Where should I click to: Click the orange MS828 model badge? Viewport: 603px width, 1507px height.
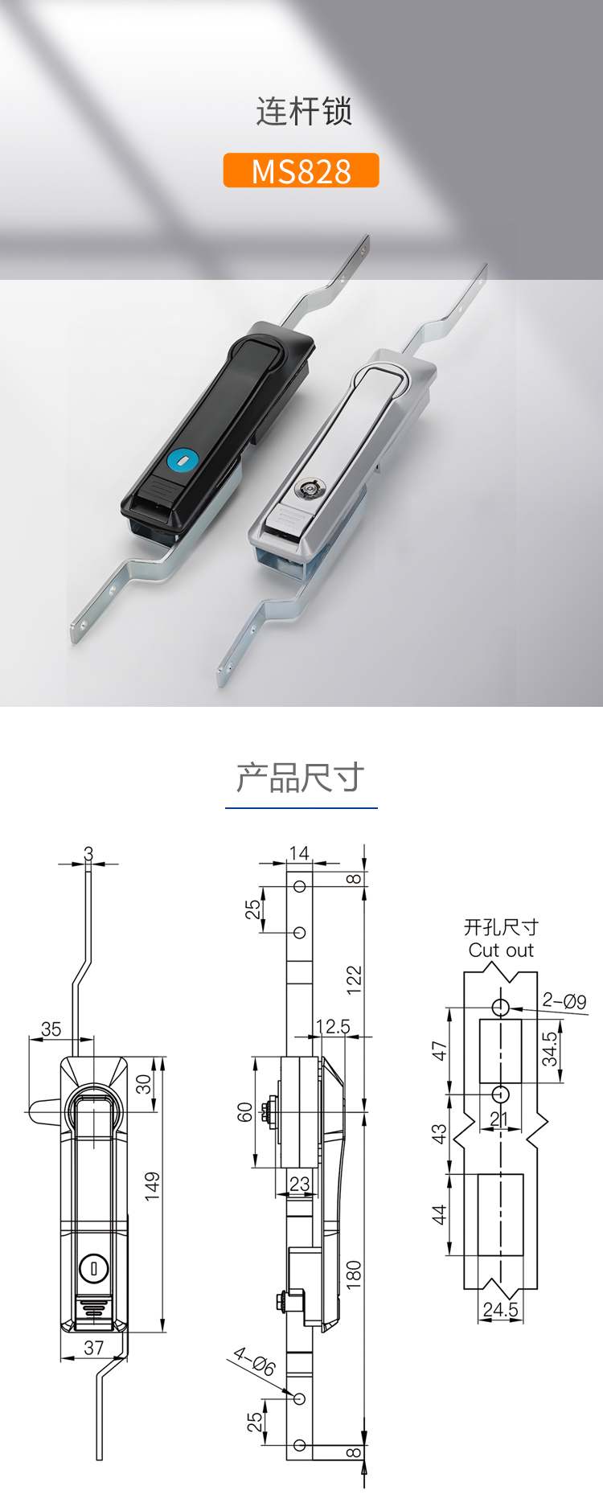tap(301, 170)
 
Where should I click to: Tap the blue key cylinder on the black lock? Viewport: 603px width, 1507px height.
tap(183, 461)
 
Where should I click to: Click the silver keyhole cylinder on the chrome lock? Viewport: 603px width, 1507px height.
tap(310, 488)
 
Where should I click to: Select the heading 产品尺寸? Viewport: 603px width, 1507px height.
tap(301, 778)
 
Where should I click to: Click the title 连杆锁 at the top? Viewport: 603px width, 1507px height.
tap(304, 111)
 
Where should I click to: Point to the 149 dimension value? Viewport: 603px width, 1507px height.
tap(152, 1187)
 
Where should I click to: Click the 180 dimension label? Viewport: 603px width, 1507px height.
tap(354, 1275)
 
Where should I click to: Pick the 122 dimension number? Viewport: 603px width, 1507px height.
tap(354, 980)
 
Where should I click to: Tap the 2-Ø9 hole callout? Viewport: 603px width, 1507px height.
tap(564, 1001)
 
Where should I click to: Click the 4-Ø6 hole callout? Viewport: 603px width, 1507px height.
tap(255, 1361)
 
